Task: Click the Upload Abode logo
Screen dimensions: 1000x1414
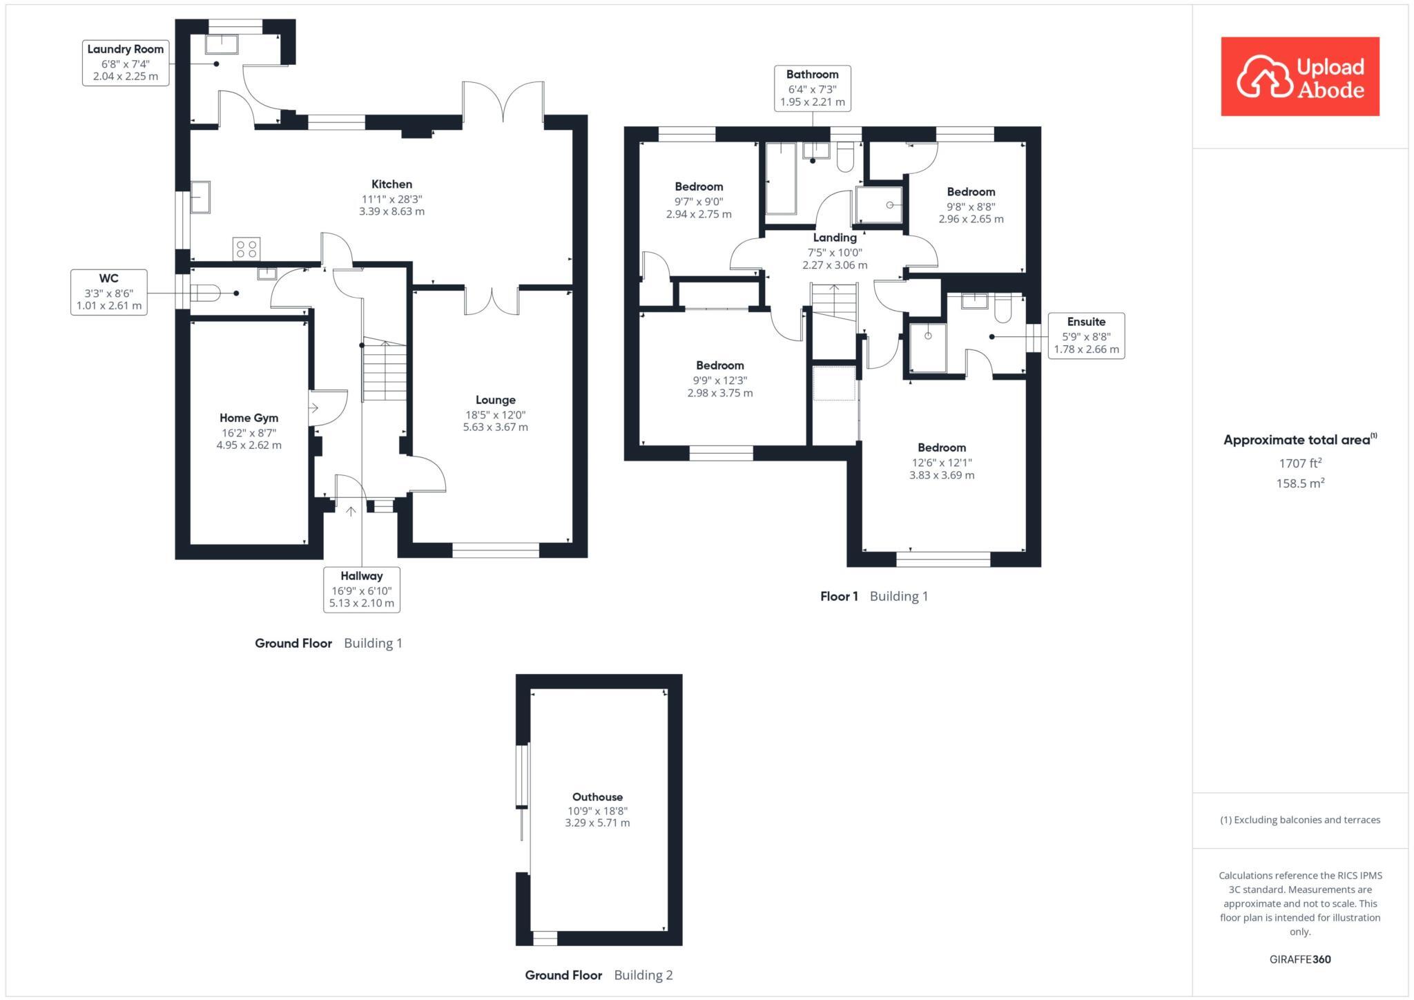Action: pos(1299,77)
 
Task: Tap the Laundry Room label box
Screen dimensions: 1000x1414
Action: pos(125,63)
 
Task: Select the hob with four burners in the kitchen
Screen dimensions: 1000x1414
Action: pos(246,249)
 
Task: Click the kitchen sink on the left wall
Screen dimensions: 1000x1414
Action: pos(200,197)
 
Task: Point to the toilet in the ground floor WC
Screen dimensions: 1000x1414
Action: pos(206,294)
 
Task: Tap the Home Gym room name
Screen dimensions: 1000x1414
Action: pos(249,418)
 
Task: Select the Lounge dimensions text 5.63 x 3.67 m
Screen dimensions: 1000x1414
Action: pos(495,427)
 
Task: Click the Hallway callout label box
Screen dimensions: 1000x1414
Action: pos(361,589)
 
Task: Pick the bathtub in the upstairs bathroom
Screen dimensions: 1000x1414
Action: pos(781,178)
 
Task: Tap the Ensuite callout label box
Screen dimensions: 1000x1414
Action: pos(1085,335)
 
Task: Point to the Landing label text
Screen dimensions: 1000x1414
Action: pos(834,238)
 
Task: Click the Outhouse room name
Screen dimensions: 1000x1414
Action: pos(597,797)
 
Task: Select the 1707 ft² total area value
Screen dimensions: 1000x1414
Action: pos(1299,463)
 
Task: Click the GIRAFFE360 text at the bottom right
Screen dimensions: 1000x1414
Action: pos(1299,959)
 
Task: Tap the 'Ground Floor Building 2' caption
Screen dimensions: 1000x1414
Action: pos(598,975)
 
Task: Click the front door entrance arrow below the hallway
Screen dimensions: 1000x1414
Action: pos(351,512)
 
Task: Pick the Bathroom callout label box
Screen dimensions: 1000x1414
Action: pos(812,88)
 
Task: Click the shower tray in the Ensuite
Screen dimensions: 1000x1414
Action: pos(927,347)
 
